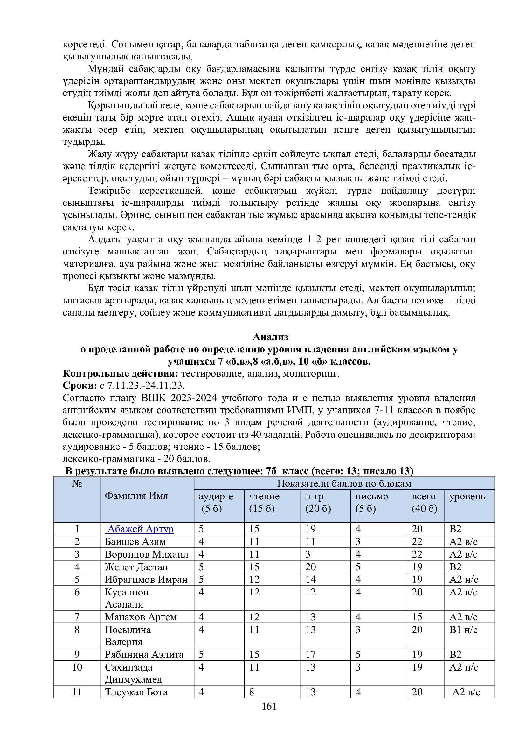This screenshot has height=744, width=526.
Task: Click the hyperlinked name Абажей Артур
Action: coord(140,529)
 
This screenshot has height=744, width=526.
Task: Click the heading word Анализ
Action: coord(270,337)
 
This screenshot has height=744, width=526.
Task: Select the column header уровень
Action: coord(467,497)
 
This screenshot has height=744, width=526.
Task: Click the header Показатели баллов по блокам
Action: coord(344,483)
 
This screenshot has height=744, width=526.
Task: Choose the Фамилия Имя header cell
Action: coord(136,496)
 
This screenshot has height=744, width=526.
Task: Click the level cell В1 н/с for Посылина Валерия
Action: coord(463,629)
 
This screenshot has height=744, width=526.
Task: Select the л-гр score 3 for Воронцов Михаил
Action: coord(308,554)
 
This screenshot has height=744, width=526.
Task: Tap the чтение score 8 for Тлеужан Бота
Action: coord(252,692)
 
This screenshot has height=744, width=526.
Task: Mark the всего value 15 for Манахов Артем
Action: coord(417,617)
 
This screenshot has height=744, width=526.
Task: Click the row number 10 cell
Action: coord(77,667)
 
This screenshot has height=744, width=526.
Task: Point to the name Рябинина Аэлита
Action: coord(144,655)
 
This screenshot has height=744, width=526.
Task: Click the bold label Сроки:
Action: coord(80,386)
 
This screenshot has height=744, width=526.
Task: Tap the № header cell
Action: coord(77,484)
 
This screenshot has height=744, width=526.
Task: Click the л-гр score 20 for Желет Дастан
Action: coord(311,567)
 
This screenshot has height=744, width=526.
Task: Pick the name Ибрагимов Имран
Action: coord(146,579)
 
